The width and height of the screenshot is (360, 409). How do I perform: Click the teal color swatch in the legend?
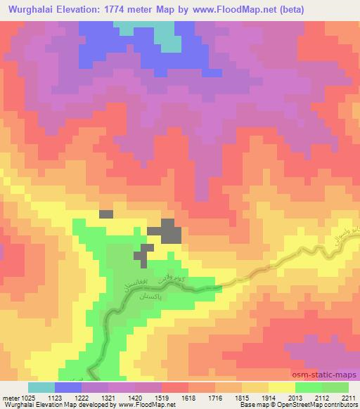(41, 387)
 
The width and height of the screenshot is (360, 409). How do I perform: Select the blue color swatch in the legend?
(67, 387)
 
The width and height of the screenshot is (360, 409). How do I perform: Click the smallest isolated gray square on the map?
(105, 214)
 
